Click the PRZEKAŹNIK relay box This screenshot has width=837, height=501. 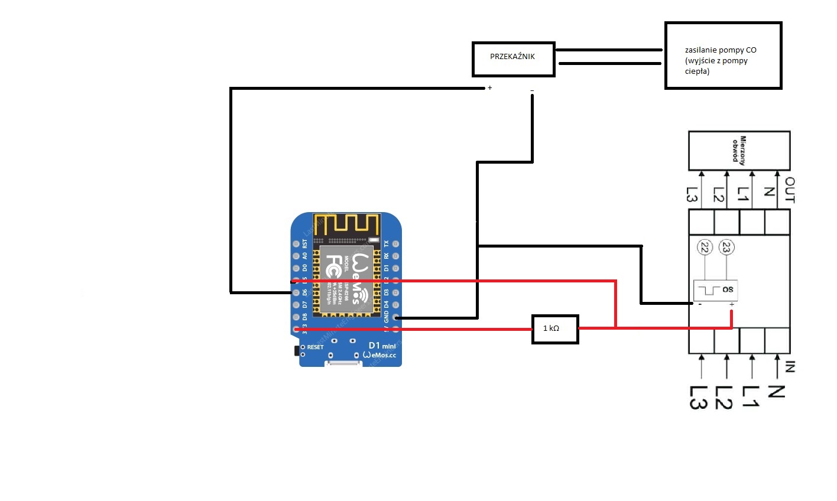coord(513,59)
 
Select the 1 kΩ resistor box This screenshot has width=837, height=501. coord(554,328)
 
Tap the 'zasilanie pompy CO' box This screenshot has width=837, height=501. coord(723,56)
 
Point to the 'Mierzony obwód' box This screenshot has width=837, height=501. coord(739,150)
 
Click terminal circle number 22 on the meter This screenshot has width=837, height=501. coord(704,248)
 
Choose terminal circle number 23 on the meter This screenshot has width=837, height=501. coord(726,248)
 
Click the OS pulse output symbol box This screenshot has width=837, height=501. coord(715,289)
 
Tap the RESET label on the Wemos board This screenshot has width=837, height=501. coord(315,347)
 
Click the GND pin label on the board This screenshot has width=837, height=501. coord(387,317)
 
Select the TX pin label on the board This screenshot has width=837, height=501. coord(387,243)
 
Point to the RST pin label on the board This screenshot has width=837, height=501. coord(305,243)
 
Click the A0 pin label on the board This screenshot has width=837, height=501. coord(305,256)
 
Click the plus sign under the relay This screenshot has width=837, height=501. coord(490,88)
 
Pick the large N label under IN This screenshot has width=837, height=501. coord(776,392)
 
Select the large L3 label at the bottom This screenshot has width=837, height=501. coord(698,398)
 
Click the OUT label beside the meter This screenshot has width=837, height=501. coord(790,190)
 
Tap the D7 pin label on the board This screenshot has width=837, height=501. coord(305,305)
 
